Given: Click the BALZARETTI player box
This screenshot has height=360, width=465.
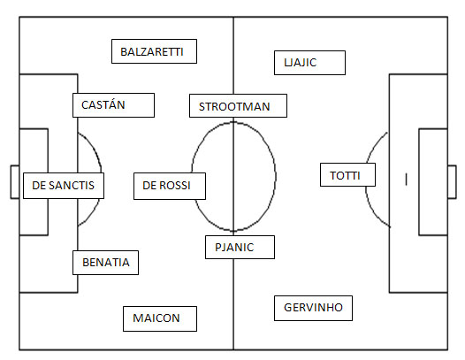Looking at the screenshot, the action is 154,51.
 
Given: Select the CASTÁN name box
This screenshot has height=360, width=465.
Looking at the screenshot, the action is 113,105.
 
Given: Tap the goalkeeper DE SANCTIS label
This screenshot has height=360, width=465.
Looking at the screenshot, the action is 64,186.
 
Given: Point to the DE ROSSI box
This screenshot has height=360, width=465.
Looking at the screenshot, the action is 170,186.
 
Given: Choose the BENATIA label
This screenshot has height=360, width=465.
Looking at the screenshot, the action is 105,263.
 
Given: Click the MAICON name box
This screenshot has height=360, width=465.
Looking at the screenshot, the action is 160,318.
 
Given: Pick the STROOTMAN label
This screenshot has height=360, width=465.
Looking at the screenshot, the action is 238,106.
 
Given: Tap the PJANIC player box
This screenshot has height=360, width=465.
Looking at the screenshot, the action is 240,247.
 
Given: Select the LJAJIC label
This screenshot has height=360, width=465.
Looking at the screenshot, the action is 309,63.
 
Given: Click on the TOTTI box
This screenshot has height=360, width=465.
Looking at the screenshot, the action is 347,175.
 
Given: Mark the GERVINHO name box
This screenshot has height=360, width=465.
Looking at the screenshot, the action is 313,308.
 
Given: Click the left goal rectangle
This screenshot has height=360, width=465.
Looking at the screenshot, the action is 15,182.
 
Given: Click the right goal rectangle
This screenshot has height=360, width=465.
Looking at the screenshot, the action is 452,182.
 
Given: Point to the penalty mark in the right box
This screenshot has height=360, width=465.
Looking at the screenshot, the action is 407,180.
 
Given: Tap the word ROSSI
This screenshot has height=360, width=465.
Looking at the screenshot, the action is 175,186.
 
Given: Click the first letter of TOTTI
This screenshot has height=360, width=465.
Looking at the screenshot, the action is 333,176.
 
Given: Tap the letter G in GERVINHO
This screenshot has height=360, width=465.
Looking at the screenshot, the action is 288,308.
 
